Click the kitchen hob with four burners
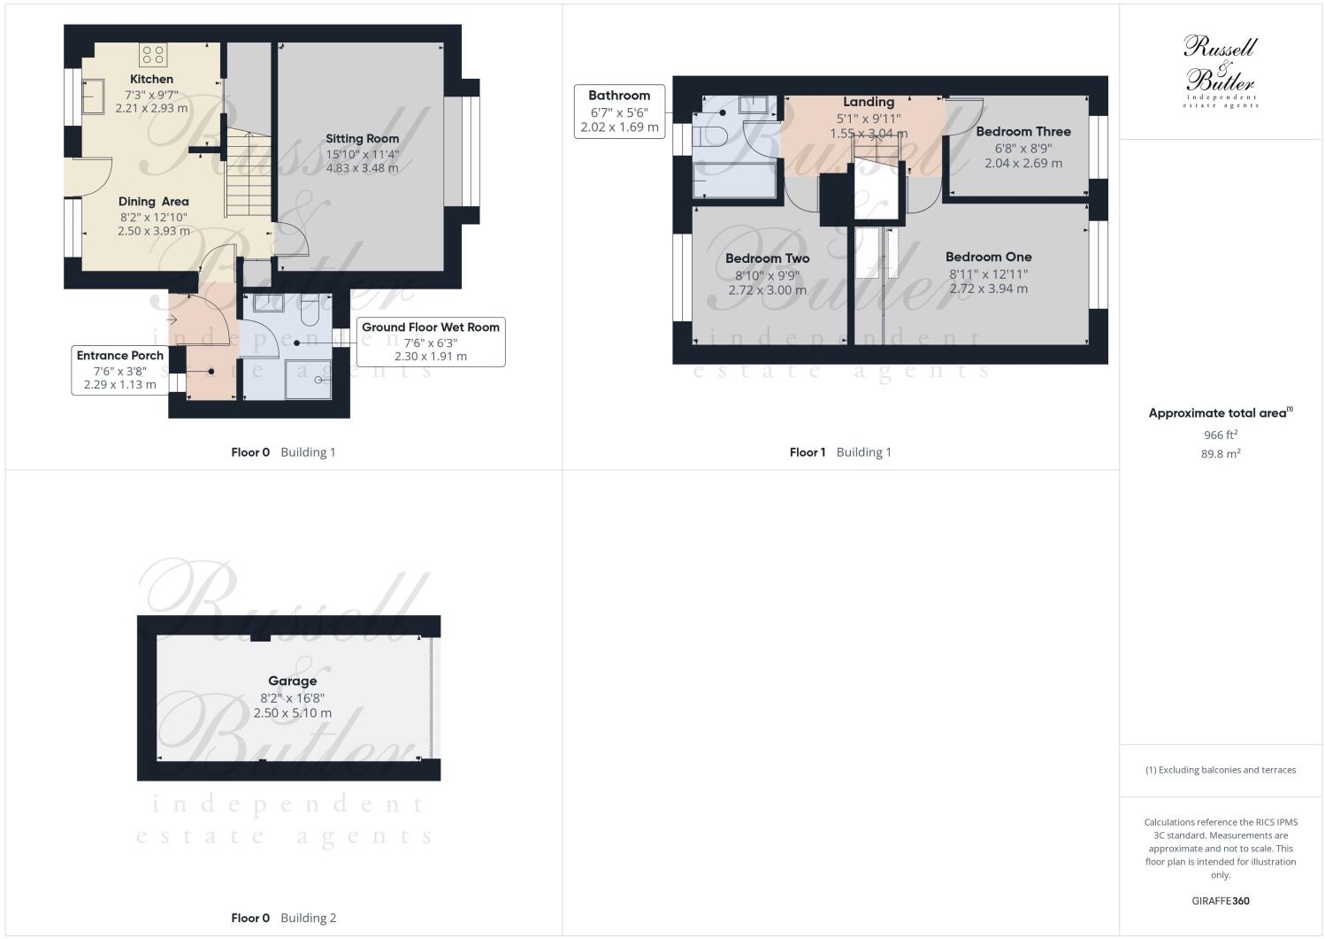pyautogui.click(x=152, y=55)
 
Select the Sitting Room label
pyautogui.click(x=362, y=139)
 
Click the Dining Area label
pyautogui.click(x=153, y=202)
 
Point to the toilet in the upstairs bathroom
pyautogui.click(x=710, y=137)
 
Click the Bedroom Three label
pyautogui.click(x=1022, y=132)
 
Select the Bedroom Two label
pyautogui.click(x=767, y=258)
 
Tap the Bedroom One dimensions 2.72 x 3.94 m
pyautogui.click(x=988, y=289)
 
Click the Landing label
pyautogui.click(x=868, y=103)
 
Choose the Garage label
pyautogui.click(x=292, y=681)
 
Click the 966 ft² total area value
pyautogui.click(x=1220, y=435)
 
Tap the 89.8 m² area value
pyautogui.click(x=1220, y=454)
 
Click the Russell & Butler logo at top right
pyautogui.click(x=1220, y=72)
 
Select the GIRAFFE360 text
pyautogui.click(x=1220, y=901)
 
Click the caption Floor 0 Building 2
pyautogui.click(x=283, y=918)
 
